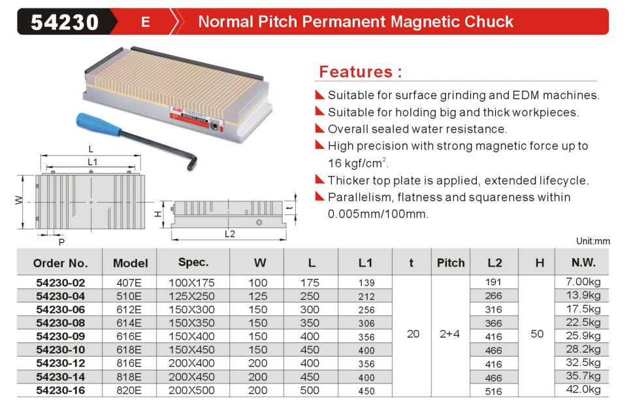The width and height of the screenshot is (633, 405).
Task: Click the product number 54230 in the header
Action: pyautogui.click(x=65, y=22)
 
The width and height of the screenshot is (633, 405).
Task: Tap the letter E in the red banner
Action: pyautogui.click(x=146, y=22)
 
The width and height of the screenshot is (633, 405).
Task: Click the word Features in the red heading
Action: pyautogui.click(x=355, y=72)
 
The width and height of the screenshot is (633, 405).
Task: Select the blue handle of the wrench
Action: pyautogui.click(x=99, y=123)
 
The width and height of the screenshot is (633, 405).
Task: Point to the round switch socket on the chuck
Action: pyautogui.click(x=215, y=126)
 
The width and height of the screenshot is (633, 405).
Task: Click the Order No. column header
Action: pyautogui.click(x=61, y=263)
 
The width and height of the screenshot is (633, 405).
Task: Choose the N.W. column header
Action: pyautogui.click(x=583, y=263)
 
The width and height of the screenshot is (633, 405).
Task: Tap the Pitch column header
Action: pyautogui.click(x=451, y=263)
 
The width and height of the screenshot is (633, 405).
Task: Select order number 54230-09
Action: pyautogui.click(x=61, y=336)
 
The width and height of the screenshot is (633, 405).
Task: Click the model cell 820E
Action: pyautogui.click(x=129, y=391)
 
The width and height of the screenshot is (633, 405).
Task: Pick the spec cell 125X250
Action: pyautogui.click(x=192, y=297)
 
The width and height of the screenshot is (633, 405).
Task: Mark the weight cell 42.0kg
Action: pyautogui.click(x=583, y=389)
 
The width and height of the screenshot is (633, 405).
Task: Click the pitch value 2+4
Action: pyautogui.click(x=449, y=334)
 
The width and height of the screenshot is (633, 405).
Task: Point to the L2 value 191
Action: pyautogui.click(x=493, y=282)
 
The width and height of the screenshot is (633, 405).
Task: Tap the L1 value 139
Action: pyautogui.click(x=366, y=283)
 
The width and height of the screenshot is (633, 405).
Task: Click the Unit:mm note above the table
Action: pyautogui.click(x=592, y=242)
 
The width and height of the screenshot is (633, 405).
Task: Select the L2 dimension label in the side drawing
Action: pyautogui.click(x=230, y=235)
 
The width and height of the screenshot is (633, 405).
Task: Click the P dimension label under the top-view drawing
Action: pyautogui.click(x=61, y=242)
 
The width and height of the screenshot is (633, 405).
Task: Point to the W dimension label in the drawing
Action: pyautogui.click(x=19, y=200)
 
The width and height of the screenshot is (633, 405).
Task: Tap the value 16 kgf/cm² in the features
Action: pyautogui.click(x=358, y=163)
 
